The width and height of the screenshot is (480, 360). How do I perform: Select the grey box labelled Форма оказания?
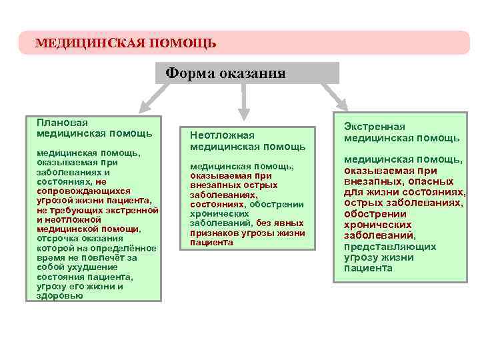(x=247, y=73)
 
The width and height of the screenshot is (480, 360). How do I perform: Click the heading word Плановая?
(x=63, y=123)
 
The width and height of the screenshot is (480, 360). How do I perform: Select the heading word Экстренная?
(x=374, y=127)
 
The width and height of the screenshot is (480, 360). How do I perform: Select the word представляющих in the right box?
(x=390, y=247)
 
